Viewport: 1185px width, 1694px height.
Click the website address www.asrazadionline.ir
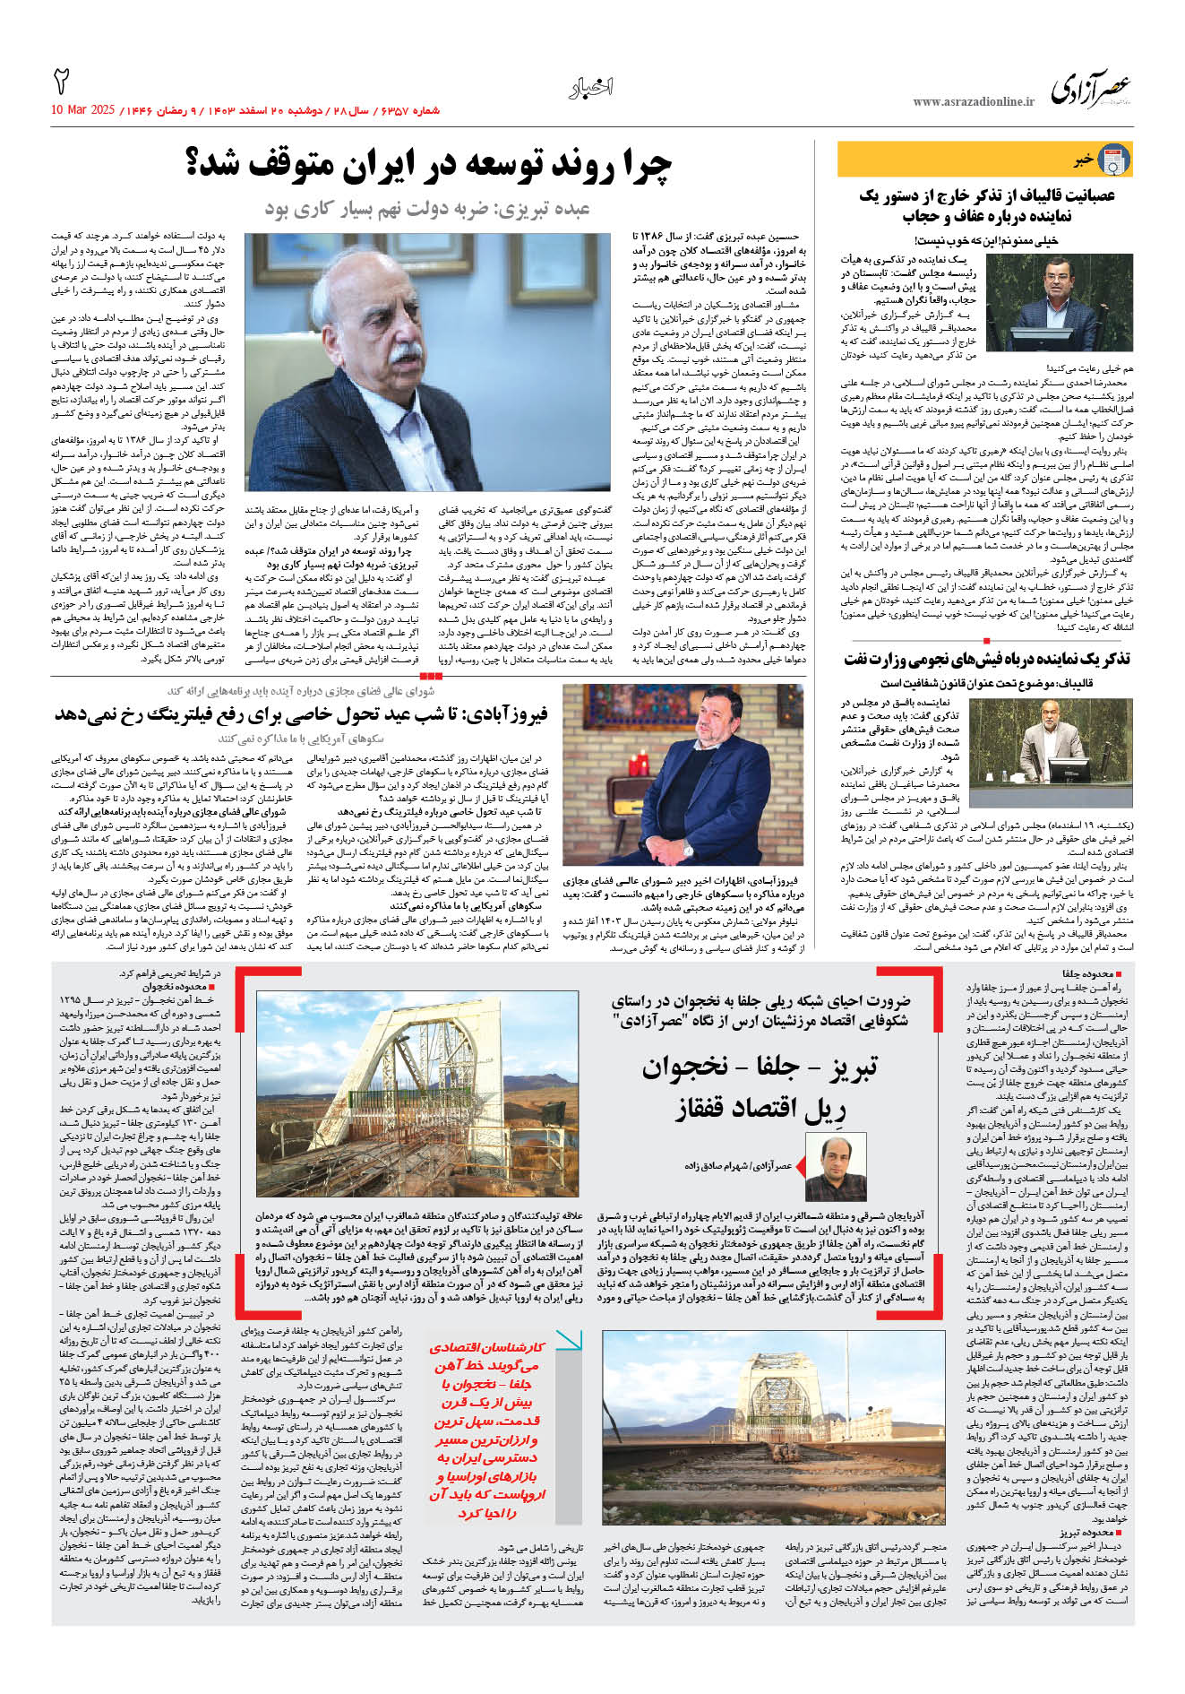pyautogui.click(x=973, y=102)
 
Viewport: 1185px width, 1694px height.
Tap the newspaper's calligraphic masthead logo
pyautogui.click(x=1090, y=90)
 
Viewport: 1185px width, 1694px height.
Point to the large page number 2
pyautogui.click(x=62, y=82)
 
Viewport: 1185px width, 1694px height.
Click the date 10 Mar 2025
pyautogui.click(x=83, y=110)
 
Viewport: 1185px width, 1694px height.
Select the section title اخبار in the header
pyautogui.click(x=591, y=88)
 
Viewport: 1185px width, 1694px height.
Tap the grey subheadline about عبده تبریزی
pyautogui.click(x=427, y=209)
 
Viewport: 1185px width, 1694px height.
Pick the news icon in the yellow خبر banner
pyautogui.click(x=1113, y=160)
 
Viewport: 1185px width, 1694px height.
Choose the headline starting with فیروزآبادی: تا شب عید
pyautogui.click(x=301, y=714)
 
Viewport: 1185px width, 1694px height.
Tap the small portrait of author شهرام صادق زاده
pyautogui.click(x=836, y=1167)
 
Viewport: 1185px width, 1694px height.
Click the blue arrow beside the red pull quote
pyautogui.click(x=568, y=1340)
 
